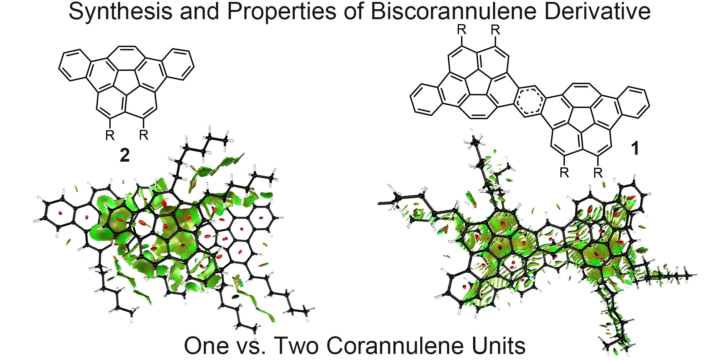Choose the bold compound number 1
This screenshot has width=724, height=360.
click(x=635, y=149)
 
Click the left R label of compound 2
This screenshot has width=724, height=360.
click(x=110, y=135)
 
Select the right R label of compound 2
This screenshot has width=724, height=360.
click(x=144, y=135)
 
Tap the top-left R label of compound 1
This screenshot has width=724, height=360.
click(x=462, y=30)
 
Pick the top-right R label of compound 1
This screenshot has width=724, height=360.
click(x=495, y=30)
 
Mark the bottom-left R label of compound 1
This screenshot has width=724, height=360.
click(x=564, y=173)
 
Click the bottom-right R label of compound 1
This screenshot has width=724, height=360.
click(x=598, y=173)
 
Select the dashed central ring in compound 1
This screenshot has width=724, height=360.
click(x=529, y=101)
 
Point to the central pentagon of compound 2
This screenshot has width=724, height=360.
click(x=126, y=81)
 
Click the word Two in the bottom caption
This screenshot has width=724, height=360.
click(x=297, y=345)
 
